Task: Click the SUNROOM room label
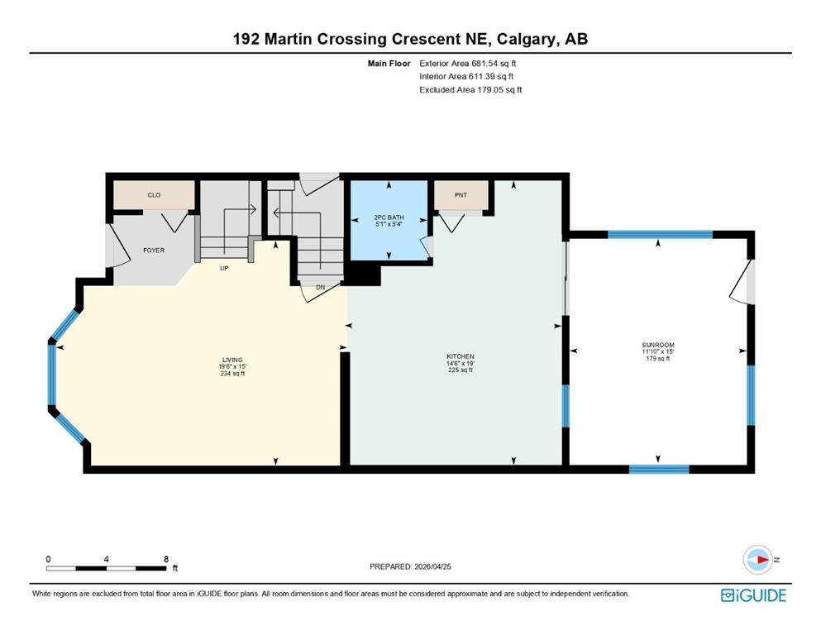658,344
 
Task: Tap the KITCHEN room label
460,356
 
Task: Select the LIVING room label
232,360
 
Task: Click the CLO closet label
154,195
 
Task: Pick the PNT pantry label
461,195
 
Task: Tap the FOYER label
154,248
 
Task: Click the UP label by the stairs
223,269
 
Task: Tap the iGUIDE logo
753,595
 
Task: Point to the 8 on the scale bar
166,559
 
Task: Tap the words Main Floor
390,63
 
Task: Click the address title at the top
410,39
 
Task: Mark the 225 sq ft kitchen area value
460,370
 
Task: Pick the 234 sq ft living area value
232,374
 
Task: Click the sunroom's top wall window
660,234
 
